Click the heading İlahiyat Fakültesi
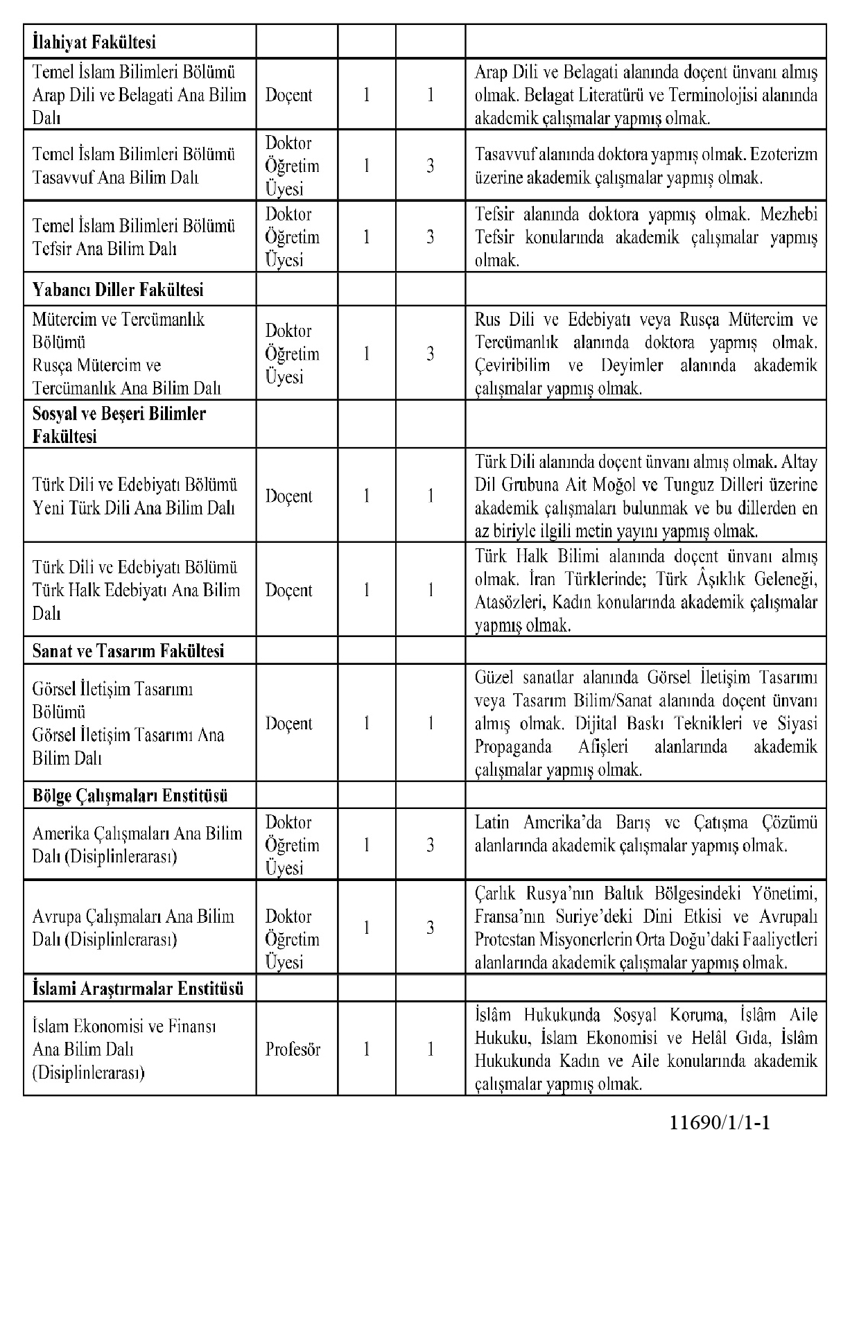(x=94, y=42)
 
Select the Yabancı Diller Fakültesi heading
(x=118, y=290)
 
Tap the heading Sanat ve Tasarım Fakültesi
(x=128, y=651)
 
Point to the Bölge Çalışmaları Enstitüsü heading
(x=130, y=795)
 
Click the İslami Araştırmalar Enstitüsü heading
(x=138, y=988)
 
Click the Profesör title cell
(x=293, y=1049)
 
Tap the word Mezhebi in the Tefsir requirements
(x=789, y=214)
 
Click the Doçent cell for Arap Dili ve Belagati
(x=288, y=95)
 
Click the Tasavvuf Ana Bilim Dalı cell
(x=133, y=166)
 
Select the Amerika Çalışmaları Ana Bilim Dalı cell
(x=137, y=844)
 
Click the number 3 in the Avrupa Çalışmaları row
(x=431, y=928)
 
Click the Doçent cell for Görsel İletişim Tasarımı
(x=288, y=723)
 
